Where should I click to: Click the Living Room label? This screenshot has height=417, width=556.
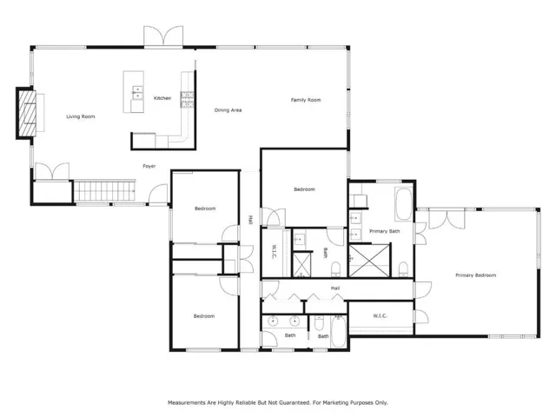tap(81, 116)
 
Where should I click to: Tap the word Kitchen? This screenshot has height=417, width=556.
tap(162, 98)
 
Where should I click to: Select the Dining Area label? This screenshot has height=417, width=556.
tap(228, 110)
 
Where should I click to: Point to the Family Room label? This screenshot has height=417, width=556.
tap(306, 100)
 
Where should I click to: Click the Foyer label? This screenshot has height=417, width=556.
tap(149, 166)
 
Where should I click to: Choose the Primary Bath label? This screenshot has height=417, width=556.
tap(384, 231)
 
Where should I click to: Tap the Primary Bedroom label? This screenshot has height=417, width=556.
tap(475, 275)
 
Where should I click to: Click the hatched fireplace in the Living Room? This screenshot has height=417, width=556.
tap(27, 114)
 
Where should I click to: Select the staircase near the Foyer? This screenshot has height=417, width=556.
tap(104, 191)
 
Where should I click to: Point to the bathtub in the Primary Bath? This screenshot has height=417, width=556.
tap(403, 204)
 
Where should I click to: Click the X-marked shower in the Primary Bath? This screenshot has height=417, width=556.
tap(369, 261)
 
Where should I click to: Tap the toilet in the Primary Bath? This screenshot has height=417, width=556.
tap(403, 269)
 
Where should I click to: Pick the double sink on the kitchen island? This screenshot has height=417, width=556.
tap(137, 93)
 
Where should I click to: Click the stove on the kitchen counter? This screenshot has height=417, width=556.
tap(187, 100)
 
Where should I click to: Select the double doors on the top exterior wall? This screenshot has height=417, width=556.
tap(163, 36)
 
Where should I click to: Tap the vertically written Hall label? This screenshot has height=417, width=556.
tap(250, 220)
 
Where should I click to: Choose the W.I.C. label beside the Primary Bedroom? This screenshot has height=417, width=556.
tap(380, 315)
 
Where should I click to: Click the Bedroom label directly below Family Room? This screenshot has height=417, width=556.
tap(304, 189)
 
